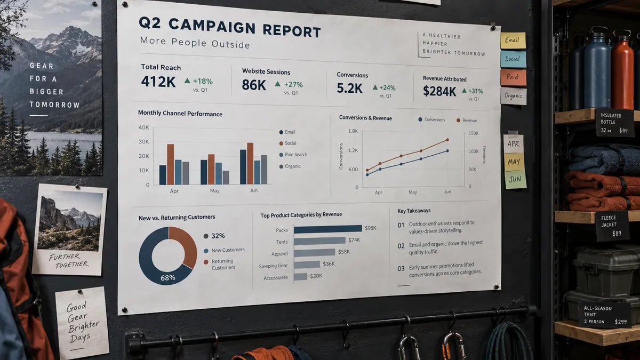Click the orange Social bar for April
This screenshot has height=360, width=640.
point(171,164)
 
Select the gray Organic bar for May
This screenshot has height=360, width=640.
point(226,178)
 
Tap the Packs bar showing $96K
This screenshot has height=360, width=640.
point(327,229)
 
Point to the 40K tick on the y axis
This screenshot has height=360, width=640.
point(143,127)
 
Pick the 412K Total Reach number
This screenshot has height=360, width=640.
point(158,82)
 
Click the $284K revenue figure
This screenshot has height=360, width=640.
point(439,91)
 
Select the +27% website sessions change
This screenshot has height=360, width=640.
point(293,85)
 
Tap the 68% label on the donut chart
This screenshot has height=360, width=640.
point(168,278)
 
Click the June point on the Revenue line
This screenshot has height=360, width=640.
point(447,140)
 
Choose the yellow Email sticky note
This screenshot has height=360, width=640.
point(513,41)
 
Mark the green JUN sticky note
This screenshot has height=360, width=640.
point(515,179)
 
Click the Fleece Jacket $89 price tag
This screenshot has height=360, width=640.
point(612,226)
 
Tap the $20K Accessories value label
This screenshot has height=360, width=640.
point(316,276)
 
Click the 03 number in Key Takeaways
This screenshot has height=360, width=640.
point(401,269)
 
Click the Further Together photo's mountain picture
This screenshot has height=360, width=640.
point(70,221)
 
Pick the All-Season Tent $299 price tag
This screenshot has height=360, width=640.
point(605,315)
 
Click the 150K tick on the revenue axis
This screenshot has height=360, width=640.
point(474,133)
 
